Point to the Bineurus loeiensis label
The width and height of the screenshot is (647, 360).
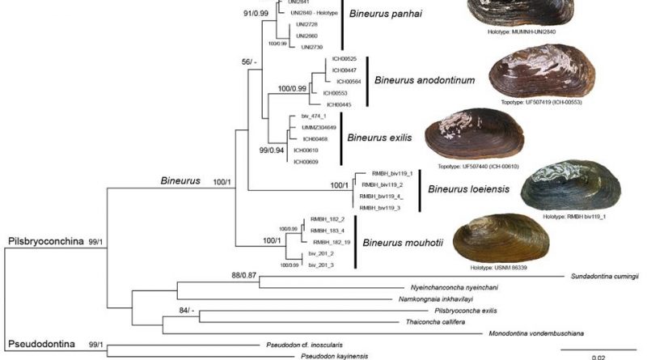(469, 190)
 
